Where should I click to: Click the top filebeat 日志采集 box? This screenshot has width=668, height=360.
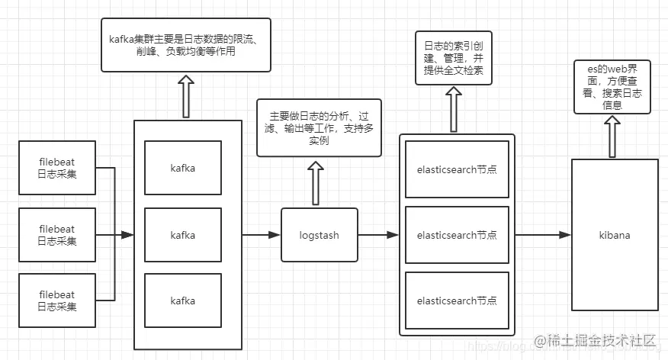pos(57,168)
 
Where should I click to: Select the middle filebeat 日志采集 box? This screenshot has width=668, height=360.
pos(57,235)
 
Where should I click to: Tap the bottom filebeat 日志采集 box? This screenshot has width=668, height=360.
pos(57,301)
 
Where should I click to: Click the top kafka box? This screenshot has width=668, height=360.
pos(182,168)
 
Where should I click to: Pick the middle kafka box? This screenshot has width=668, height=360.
pos(182,235)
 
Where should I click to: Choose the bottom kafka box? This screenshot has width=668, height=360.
pos(182,301)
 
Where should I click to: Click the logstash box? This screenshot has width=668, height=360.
pos(319,235)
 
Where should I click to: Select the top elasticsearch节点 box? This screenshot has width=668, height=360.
pos(457,169)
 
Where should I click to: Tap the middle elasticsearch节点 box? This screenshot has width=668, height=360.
pos(457,235)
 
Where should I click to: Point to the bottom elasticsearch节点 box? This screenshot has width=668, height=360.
pos(457,301)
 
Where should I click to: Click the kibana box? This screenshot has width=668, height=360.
pos(615,235)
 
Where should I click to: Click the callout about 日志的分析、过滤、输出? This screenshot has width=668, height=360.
pos(320,128)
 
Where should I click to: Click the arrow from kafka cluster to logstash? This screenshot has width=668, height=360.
pos(261,235)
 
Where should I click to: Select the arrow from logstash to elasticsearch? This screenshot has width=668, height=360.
pos(378,235)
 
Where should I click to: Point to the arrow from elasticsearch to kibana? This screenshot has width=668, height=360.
pos(542,235)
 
